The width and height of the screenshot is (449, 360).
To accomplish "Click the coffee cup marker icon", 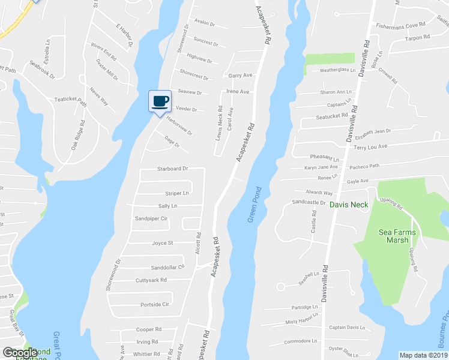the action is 160,101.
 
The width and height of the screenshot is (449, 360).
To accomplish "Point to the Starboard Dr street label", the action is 173,169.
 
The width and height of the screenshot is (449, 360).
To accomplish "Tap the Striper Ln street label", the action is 177,193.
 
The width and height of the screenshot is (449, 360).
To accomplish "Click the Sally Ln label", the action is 167,206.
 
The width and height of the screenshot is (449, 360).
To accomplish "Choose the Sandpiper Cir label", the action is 151,219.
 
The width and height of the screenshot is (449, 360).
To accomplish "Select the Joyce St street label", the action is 162,243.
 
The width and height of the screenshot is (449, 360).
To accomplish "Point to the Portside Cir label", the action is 154,304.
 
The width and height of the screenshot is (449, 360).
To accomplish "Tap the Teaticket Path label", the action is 70,100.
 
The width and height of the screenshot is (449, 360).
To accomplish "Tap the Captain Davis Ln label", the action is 347,328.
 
